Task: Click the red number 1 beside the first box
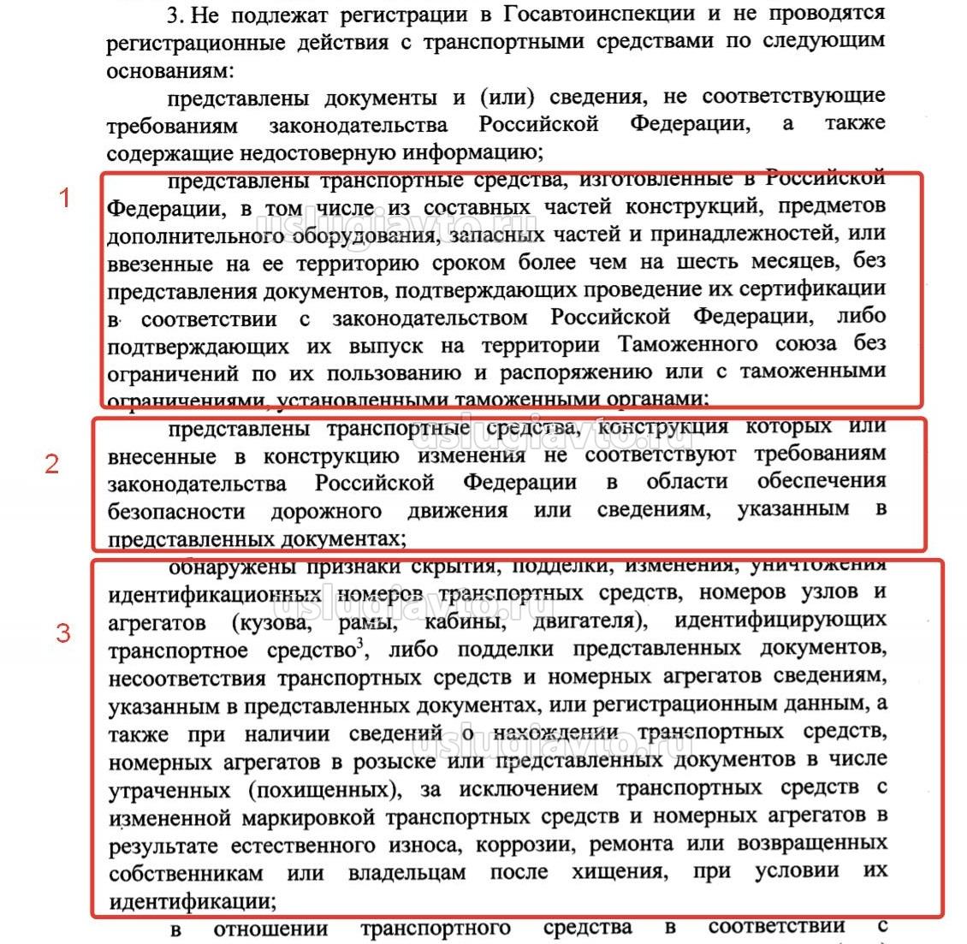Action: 64,199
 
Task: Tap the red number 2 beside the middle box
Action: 52,464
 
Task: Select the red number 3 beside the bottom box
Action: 62,634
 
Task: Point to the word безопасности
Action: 176,511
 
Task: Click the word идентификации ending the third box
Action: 190,900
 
